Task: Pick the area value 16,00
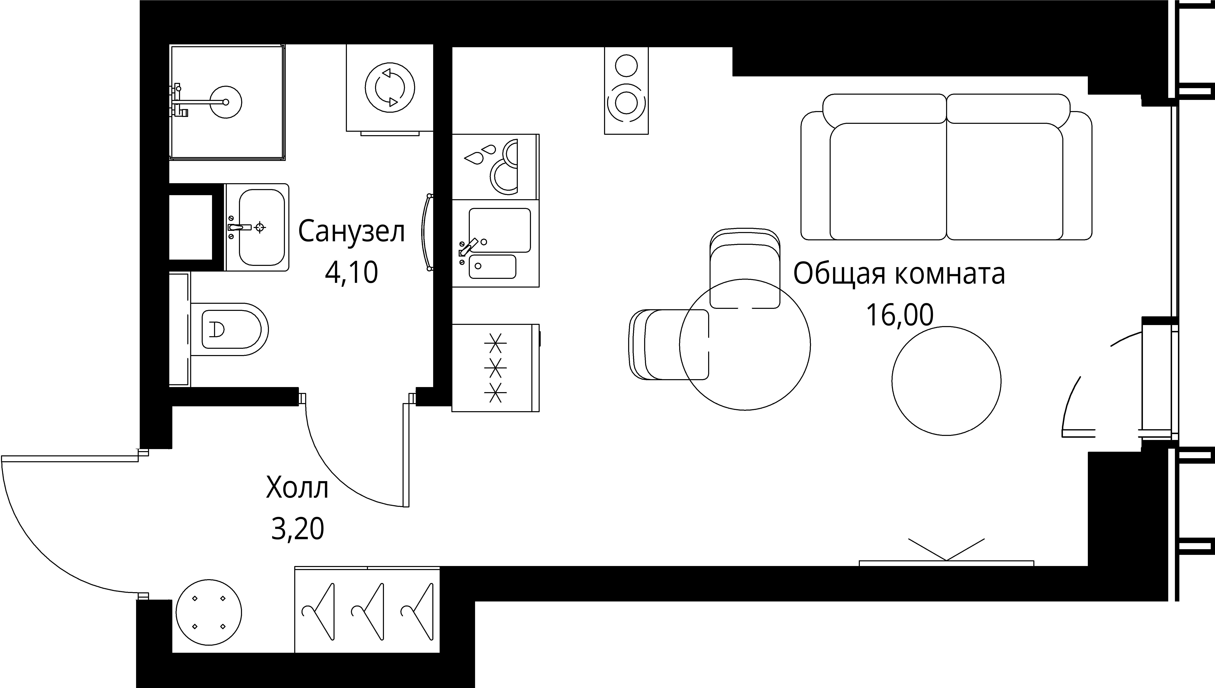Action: point(899,315)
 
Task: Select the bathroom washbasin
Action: point(261,227)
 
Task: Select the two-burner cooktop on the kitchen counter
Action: point(496,166)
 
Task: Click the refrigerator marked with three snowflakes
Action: point(495,368)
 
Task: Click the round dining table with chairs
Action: point(745,345)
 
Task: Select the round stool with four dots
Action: point(209,612)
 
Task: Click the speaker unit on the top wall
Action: point(626,91)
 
